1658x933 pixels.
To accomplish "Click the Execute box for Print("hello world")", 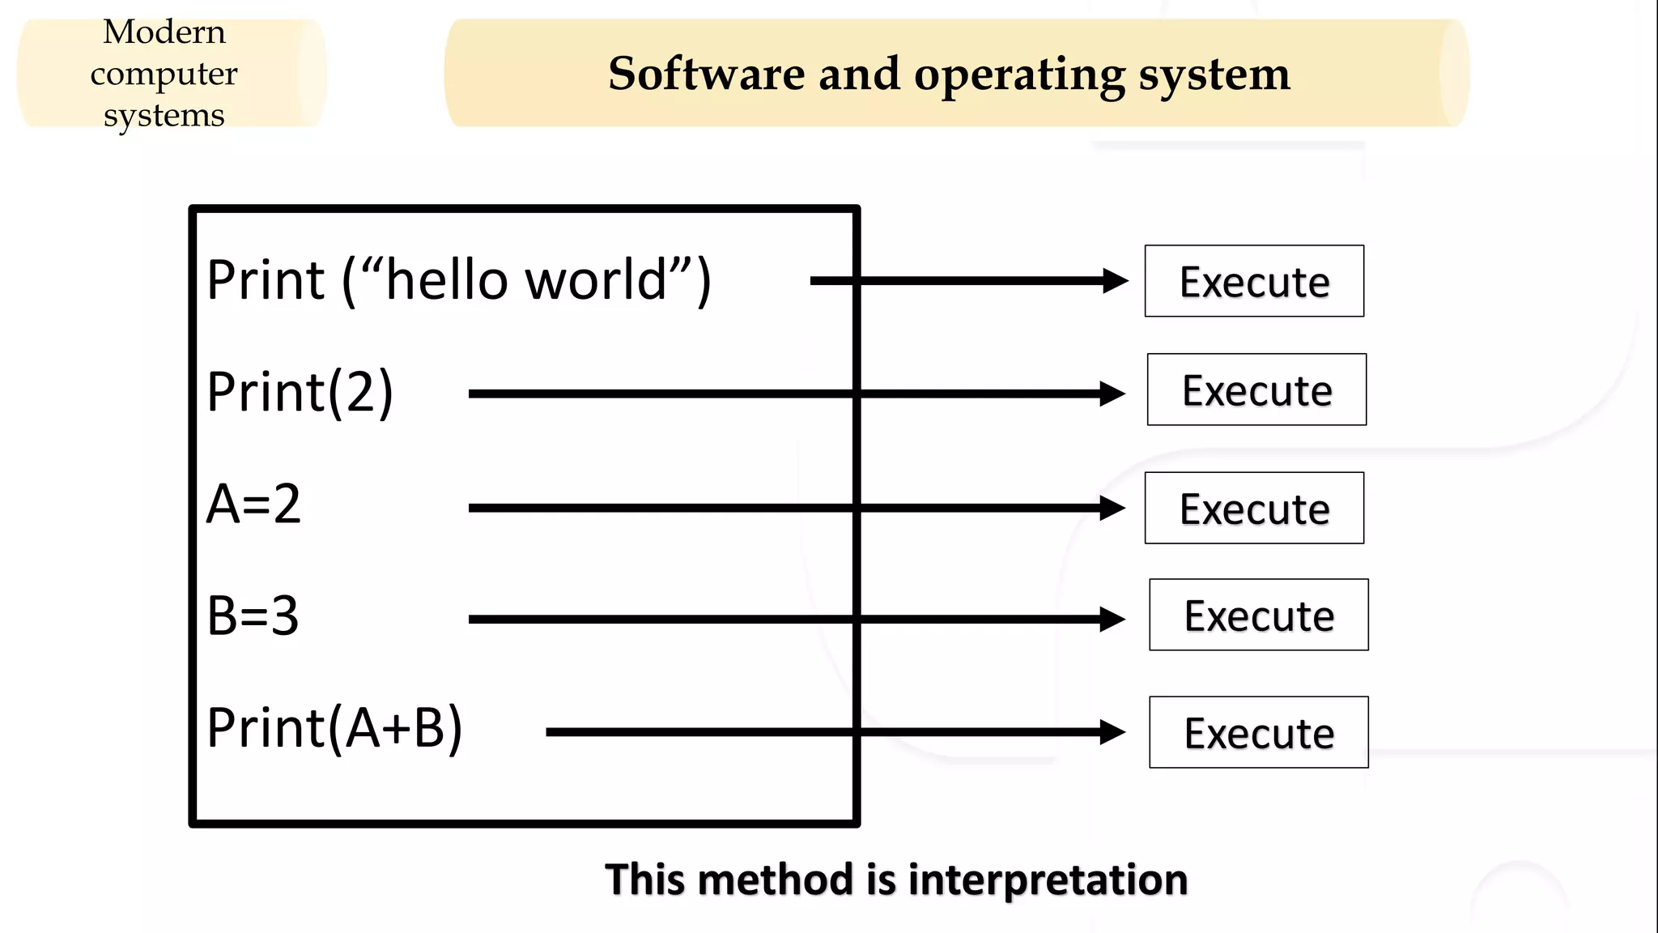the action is (1254, 281).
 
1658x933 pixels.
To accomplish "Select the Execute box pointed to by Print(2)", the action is (1256, 390).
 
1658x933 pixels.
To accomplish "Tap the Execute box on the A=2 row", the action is (1254, 508).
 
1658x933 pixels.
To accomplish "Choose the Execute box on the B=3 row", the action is (1259, 615).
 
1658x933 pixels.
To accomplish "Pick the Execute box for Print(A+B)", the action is (1259, 732).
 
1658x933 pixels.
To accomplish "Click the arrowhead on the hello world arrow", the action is (1116, 281).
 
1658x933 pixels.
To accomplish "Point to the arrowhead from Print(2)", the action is (1113, 394).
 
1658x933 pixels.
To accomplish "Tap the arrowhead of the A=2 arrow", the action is (1113, 508).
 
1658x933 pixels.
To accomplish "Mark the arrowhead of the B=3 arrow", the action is (1113, 620).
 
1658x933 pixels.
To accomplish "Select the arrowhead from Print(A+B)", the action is (1113, 732).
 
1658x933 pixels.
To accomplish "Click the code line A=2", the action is (253, 504).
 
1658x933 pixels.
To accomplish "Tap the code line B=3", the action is (253, 616).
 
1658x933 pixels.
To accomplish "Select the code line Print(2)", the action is (300, 392).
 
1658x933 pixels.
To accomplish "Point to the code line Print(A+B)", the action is (334, 727).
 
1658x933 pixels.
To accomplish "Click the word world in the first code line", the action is (596, 280).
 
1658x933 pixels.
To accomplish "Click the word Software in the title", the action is (706, 74).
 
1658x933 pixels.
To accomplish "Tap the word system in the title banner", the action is (1214, 75).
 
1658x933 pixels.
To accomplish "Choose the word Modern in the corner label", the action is (164, 32).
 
